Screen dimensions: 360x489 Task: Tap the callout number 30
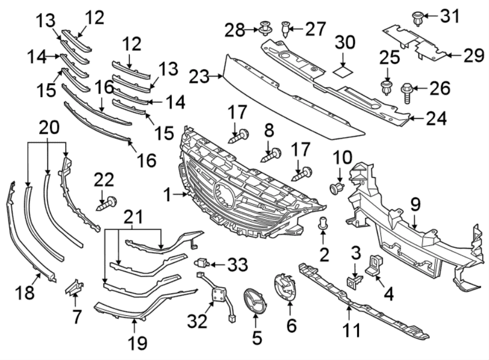point(344,42)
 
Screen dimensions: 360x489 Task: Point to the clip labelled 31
point(418,18)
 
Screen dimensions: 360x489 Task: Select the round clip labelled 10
point(336,189)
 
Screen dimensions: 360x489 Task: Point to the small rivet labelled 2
point(323,222)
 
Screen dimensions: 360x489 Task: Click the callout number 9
point(415,205)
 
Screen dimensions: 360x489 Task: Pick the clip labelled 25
point(387,88)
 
